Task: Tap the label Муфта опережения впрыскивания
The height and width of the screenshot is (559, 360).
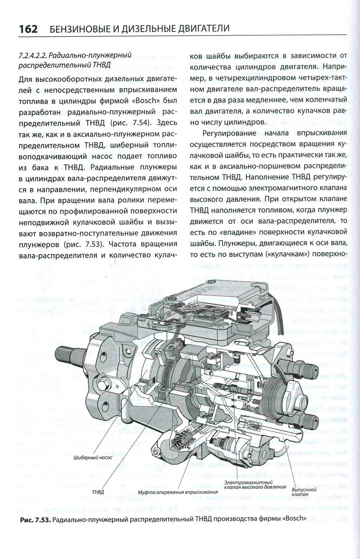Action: (178, 491)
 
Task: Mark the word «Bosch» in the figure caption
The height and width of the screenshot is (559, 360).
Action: (294, 519)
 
